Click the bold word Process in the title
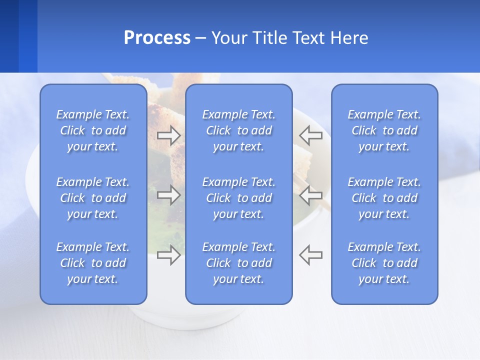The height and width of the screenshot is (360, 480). [x=157, y=38]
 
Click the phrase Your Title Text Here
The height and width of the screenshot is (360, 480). [x=289, y=38]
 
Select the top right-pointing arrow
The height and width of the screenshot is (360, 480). [x=168, y=135]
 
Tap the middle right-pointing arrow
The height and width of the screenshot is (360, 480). [x=168, y=194]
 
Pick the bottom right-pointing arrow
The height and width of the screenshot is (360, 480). [x=168, y=255]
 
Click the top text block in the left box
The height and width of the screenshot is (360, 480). [x=93, y=130]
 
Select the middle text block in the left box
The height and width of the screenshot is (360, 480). [x=93, y=198]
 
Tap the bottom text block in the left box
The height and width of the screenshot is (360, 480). [x=93, y=263]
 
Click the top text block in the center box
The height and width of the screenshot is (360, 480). [x=238, y=130]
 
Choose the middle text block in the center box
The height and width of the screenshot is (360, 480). [x=238, y=198]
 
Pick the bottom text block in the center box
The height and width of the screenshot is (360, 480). [x=238, y=263]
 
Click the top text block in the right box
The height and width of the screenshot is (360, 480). [x=384, y=130]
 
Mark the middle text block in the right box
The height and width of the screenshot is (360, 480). [x=384, y=198]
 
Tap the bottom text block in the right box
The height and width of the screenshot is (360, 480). [x=384, y=263]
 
